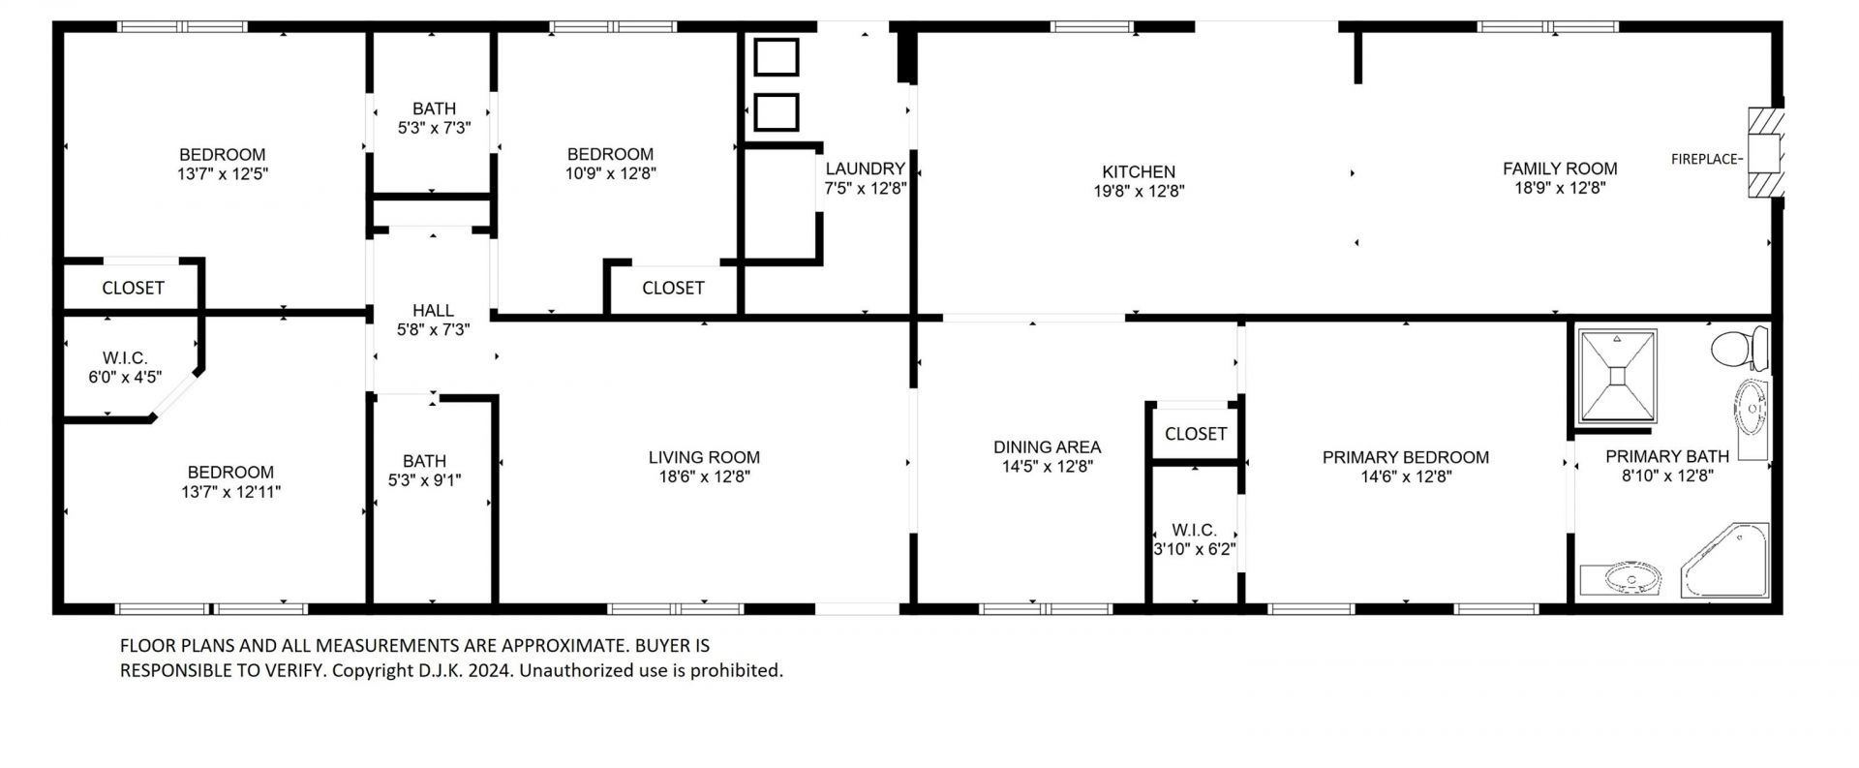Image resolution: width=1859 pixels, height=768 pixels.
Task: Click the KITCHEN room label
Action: click(x=1139, y=172)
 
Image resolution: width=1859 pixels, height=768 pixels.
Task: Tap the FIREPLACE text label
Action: click(x=1705, y=159)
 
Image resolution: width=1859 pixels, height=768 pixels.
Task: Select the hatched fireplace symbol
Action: click(x=1765, y=153)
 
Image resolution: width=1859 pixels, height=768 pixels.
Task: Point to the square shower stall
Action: click(x=1617, y=376)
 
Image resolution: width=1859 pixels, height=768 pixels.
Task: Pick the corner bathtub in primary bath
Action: click(x=1728, y=561)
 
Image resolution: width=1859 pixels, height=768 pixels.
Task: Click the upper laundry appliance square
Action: click(x=776, y=58)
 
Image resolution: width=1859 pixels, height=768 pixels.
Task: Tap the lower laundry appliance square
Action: click(x=776, y=113)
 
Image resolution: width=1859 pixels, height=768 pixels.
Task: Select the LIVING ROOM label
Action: click(x=704, y=457)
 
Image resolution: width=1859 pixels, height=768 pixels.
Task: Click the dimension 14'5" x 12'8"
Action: click(x=1047, y=467)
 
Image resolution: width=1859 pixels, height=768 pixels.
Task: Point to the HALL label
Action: click(x=433, y=310)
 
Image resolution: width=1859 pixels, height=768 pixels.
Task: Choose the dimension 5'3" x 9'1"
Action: click(x=424, y=480)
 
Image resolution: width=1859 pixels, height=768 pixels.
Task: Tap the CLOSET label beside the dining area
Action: click(x=1195, y=434)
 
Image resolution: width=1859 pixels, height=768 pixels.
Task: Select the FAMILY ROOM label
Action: click(x=1560, y=169)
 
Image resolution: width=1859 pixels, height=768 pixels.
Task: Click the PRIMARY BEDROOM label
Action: click(x=1405, y=457)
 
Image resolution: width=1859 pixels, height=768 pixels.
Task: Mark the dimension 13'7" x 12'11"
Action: click(x=230, y=492)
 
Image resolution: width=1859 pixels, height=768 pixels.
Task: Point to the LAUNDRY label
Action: click(x=865, y=169)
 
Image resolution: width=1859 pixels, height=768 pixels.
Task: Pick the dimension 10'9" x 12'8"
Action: click(x=610, y=174)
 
